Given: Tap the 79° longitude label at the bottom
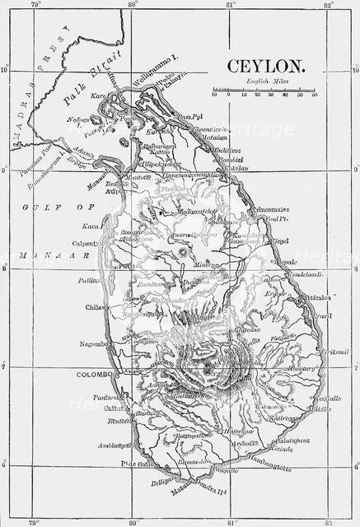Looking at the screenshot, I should [x=34, y=521].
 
